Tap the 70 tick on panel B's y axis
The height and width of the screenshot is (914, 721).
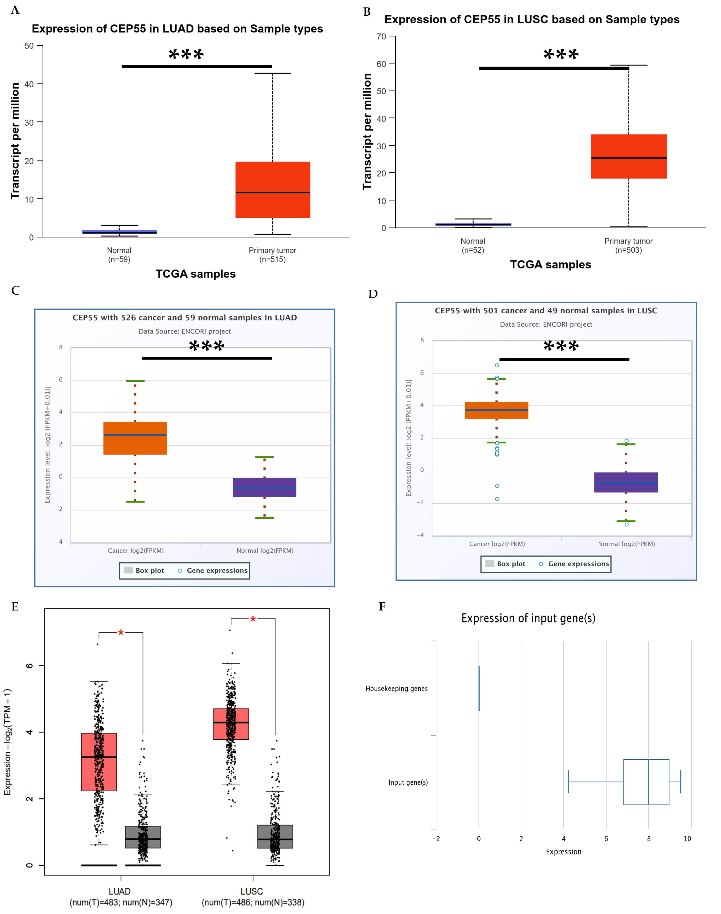coord(382,37)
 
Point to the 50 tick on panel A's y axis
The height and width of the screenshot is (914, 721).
coord(29,46)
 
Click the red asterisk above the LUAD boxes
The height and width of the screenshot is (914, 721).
coord(121,633)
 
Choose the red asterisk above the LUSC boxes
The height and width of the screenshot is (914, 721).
coord(253,619)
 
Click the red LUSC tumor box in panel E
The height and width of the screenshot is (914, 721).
coord(231,724)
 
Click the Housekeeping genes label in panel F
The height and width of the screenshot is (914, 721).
coord(397,689)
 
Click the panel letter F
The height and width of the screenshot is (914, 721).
coord(382,607)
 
